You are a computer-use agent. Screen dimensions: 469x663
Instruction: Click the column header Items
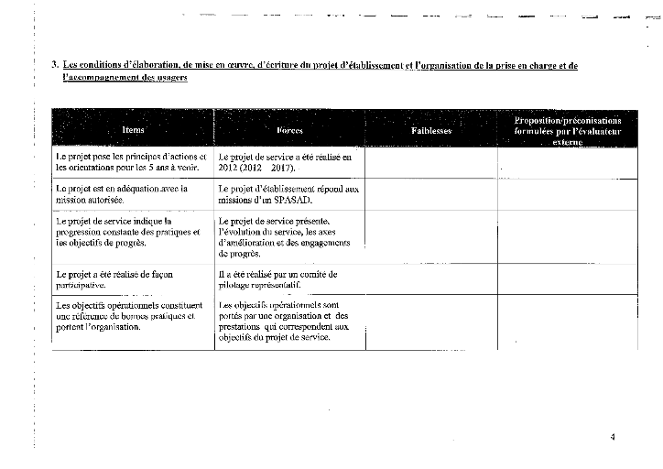tap(133, 131)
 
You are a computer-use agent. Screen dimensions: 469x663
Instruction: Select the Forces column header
tap(289, 131)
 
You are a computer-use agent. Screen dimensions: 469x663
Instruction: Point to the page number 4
tap(613, 436)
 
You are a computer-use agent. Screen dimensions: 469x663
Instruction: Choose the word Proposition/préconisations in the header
tap(568, 121)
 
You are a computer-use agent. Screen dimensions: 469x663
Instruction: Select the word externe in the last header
tap(568, 143)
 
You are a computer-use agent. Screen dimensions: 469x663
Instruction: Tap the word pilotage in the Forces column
tap(236, 285)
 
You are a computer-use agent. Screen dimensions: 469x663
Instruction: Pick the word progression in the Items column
tap(83, 232)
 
